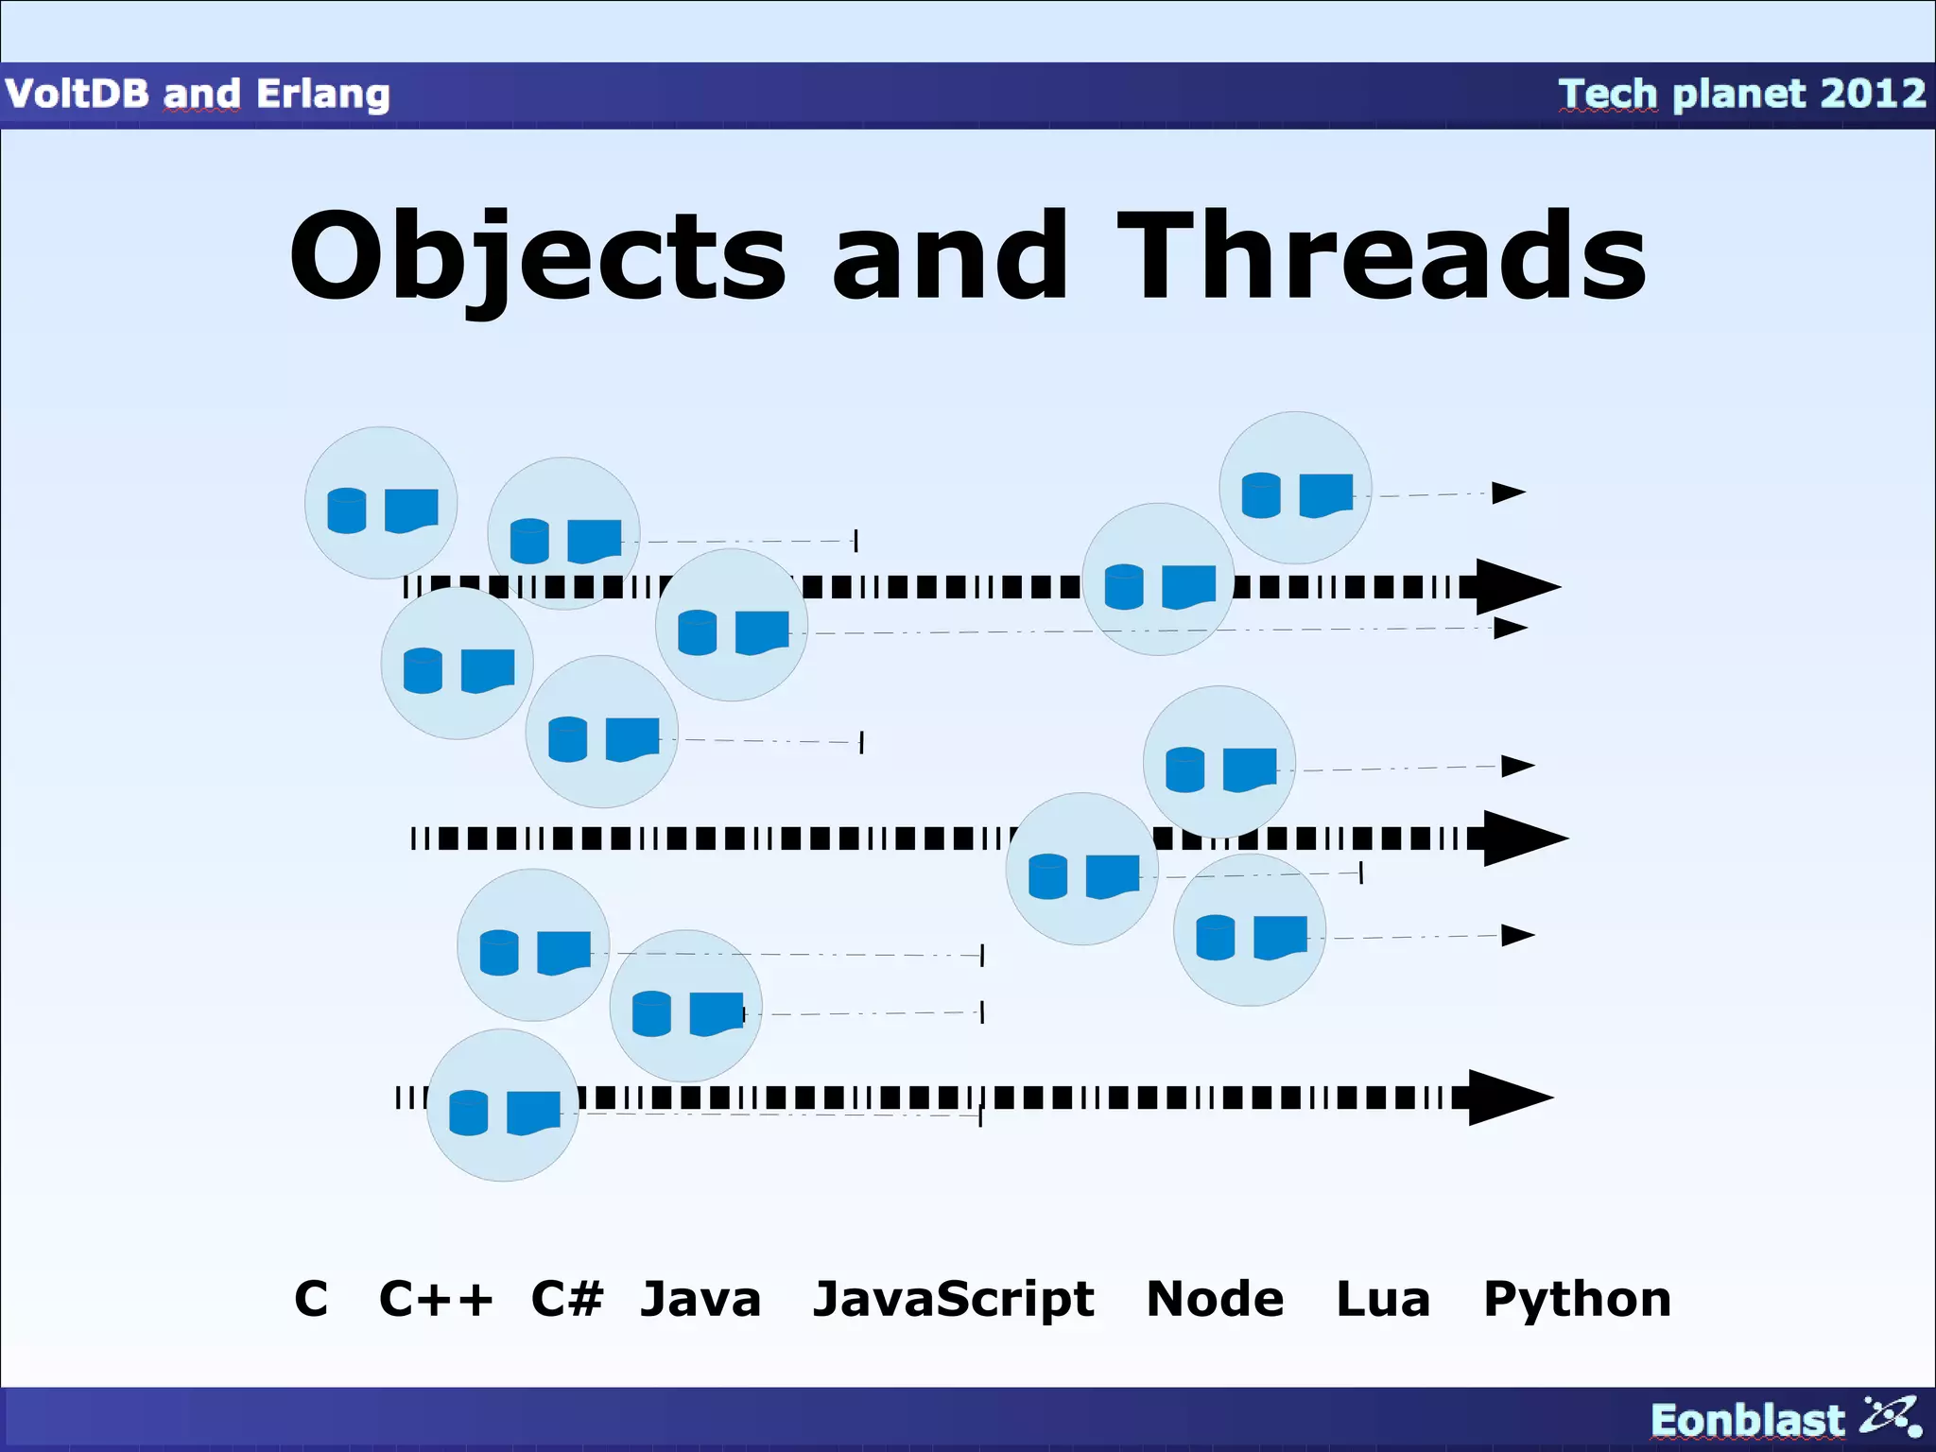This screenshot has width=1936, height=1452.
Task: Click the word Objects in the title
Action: point(537,257)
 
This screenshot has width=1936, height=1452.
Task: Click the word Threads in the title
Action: point(1382,257)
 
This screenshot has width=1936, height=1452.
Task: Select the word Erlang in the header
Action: point(322,94)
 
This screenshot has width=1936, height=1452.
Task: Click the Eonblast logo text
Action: point(1747,1420)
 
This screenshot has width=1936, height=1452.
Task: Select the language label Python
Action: point(1577,1299)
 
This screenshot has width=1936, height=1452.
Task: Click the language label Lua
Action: point(1382,1299)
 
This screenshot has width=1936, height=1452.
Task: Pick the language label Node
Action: point(1215,1299)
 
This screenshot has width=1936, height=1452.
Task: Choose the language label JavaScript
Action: point(953,1299)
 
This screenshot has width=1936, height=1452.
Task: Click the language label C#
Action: point(566,1299)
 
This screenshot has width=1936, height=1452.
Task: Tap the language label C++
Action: point(436,1299)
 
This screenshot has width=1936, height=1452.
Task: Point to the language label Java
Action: point(700,1299)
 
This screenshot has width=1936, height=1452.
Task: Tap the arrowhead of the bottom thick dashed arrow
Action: point(1509,1098)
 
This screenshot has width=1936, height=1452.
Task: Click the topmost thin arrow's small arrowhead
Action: point(1508,493)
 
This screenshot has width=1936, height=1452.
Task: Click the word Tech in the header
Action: point(1608,94)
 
